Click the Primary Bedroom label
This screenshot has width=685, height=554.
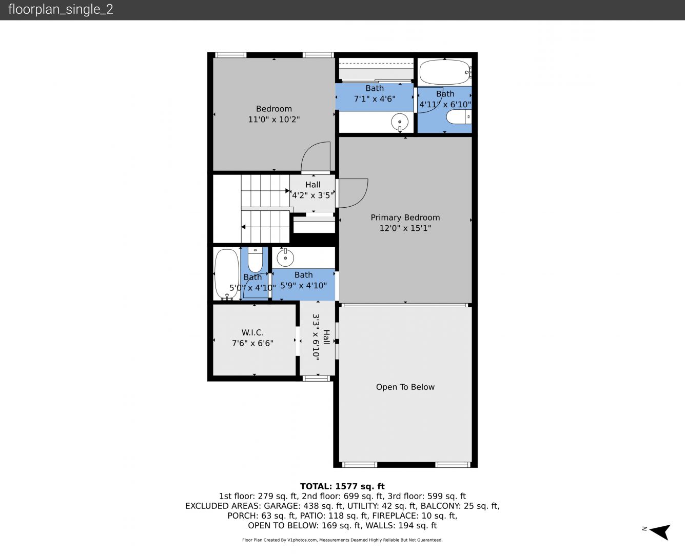pos(405,217)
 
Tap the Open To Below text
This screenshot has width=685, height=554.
pos(405,387)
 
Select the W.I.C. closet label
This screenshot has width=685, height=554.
pos(252,332)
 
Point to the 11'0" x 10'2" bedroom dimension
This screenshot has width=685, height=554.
pos(274,120)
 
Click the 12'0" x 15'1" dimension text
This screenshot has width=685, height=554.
pos(405,228)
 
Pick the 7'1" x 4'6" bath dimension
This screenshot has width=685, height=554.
pos(375,99)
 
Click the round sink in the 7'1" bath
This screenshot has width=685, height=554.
pos(400,122)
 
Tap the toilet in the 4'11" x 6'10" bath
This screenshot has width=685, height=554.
pos(459,117)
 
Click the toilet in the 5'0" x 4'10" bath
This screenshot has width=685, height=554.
pos(256,260)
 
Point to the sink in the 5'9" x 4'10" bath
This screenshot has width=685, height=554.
pos(285,258)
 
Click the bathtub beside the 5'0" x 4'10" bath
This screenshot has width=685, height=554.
pos(227,274)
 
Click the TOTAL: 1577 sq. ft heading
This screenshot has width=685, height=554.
pos(342,486)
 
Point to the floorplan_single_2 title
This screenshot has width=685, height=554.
pos(61,10)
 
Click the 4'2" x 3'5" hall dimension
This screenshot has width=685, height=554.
pos(312,195)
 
